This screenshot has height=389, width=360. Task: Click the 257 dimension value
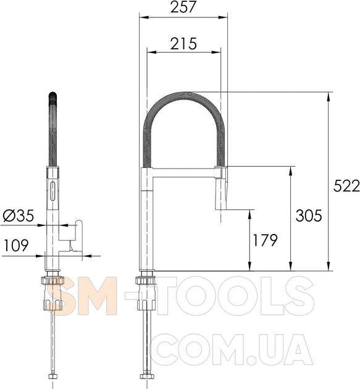click(183, 7)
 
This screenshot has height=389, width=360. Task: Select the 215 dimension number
click(183, 43)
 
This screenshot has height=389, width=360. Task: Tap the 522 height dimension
click(346, 186)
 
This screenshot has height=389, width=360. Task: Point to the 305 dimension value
click(309, 215)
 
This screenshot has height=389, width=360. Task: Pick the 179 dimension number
click(265, 240)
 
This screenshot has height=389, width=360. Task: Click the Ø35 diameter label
click(19, 215)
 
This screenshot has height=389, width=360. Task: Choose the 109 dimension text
click(17, 245)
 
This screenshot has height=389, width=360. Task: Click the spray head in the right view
click(220, 188)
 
